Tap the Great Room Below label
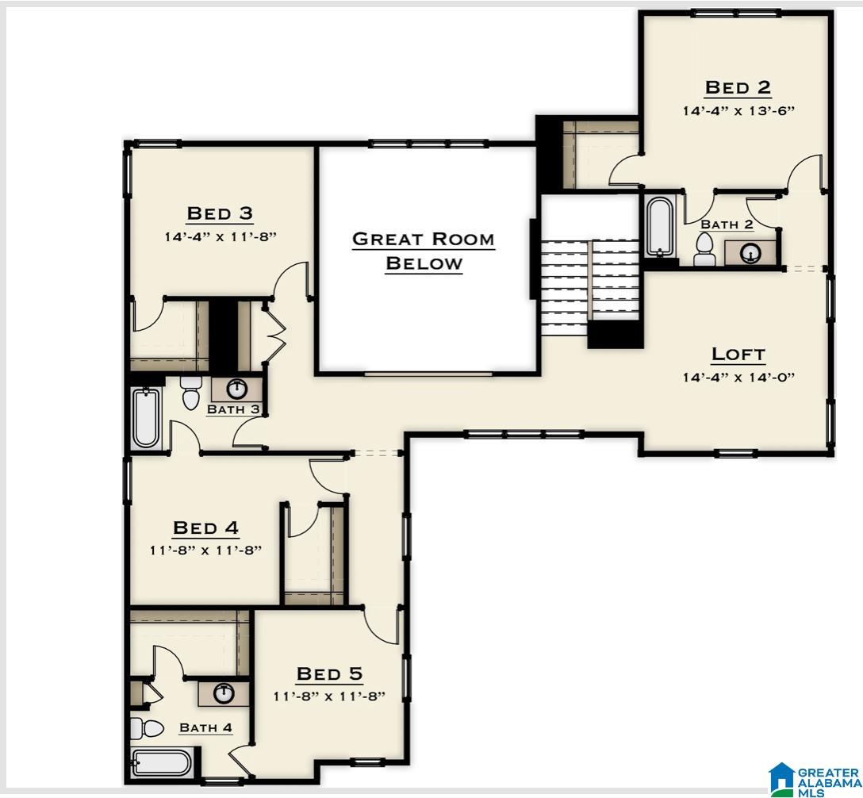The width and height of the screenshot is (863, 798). point(423,251)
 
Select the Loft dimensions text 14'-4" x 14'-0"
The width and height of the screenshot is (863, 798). point(738,378)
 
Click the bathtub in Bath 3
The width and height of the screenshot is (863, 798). point(147,418)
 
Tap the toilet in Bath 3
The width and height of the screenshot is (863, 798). point(191,392)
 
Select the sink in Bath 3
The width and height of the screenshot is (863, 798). point(236,389)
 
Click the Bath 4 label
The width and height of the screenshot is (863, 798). point(205,727)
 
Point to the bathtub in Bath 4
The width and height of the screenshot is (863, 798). point(161,764)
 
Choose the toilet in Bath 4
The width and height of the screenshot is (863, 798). point(146,727)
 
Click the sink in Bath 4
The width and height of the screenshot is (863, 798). point(224,693)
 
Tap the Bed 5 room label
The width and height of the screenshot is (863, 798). point(329,674)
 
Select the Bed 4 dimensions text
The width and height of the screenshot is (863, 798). point(205,550)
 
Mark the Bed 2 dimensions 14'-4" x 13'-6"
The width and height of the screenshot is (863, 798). point(738,111)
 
